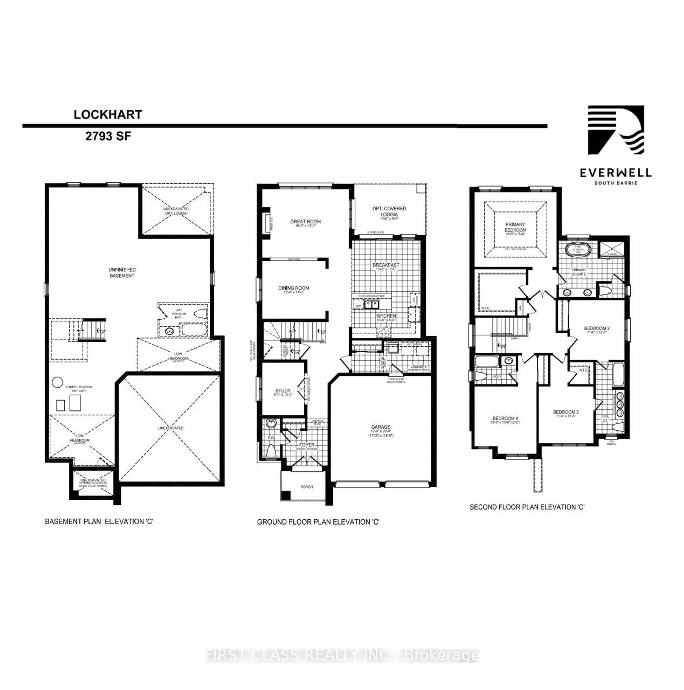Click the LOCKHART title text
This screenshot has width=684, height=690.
tap(108, 115)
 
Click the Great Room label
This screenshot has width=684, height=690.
tap(305, 222)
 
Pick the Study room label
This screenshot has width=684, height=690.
tap(283, 391)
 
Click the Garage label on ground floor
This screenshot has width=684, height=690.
tap(380, 427)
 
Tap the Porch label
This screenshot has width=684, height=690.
tap(306, 487)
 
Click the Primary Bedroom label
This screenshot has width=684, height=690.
tap(515, 227)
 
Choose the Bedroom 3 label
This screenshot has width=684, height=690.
tap(566, 412)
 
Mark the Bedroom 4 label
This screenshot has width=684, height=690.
tap(505, 418)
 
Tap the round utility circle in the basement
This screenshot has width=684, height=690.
tap(57, 382)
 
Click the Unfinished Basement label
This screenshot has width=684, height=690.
tap(122, 273)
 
